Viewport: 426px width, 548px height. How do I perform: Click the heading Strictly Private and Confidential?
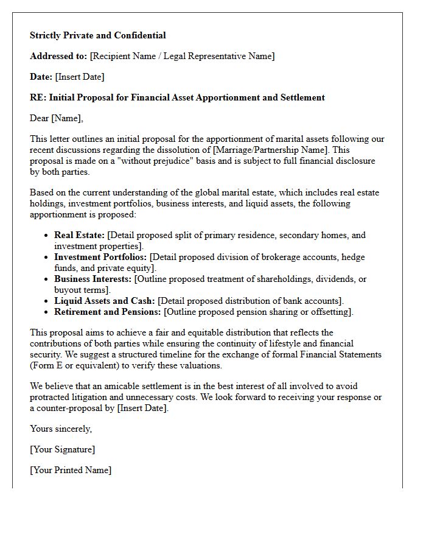pos(98,35)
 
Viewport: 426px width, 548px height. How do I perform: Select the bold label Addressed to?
pos(58,56)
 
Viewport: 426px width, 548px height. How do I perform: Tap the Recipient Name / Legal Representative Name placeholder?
pos(182,56)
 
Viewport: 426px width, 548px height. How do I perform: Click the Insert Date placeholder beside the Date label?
pos(80,77)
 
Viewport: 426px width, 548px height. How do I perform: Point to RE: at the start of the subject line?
pos(38,97)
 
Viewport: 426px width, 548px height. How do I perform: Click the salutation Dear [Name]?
pos(57,118)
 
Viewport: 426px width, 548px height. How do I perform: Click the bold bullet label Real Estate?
pos(79,235)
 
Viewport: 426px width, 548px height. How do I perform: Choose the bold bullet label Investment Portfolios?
pos(100,257)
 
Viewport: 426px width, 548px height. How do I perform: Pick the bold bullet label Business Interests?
pos(93,279)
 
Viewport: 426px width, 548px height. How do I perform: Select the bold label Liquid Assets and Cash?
pos(105,301)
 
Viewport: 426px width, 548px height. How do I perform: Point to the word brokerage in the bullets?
pos(276,257)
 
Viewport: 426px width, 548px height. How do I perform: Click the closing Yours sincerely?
pos(61,429)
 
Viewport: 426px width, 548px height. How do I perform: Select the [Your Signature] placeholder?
pos(62,449)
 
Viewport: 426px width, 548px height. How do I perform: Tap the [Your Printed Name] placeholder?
pos(71,470)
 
